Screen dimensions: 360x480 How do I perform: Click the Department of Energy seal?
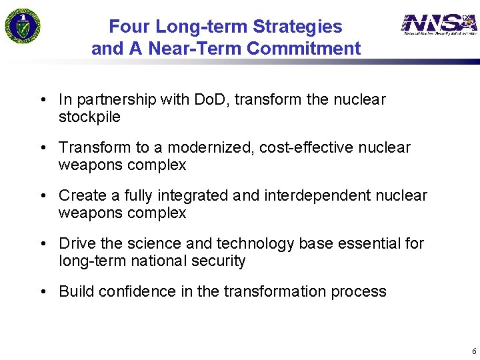23,25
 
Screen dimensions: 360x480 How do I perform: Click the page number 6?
474,351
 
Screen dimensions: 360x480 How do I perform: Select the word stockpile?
89,117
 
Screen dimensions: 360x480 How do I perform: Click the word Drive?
75,243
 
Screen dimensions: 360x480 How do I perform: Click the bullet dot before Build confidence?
43,292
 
